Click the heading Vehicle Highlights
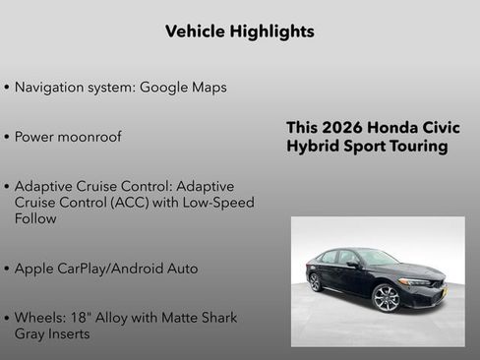(x=240, y=31)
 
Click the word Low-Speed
(x=219, y=203)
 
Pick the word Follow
(x=35, y=218)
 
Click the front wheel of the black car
(x=387, y=298)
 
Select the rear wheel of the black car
(x=315, y=281)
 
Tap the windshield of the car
(x=378, y=259)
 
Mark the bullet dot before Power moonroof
(x=7, y=137)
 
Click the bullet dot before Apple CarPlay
(x=7, y=269)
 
